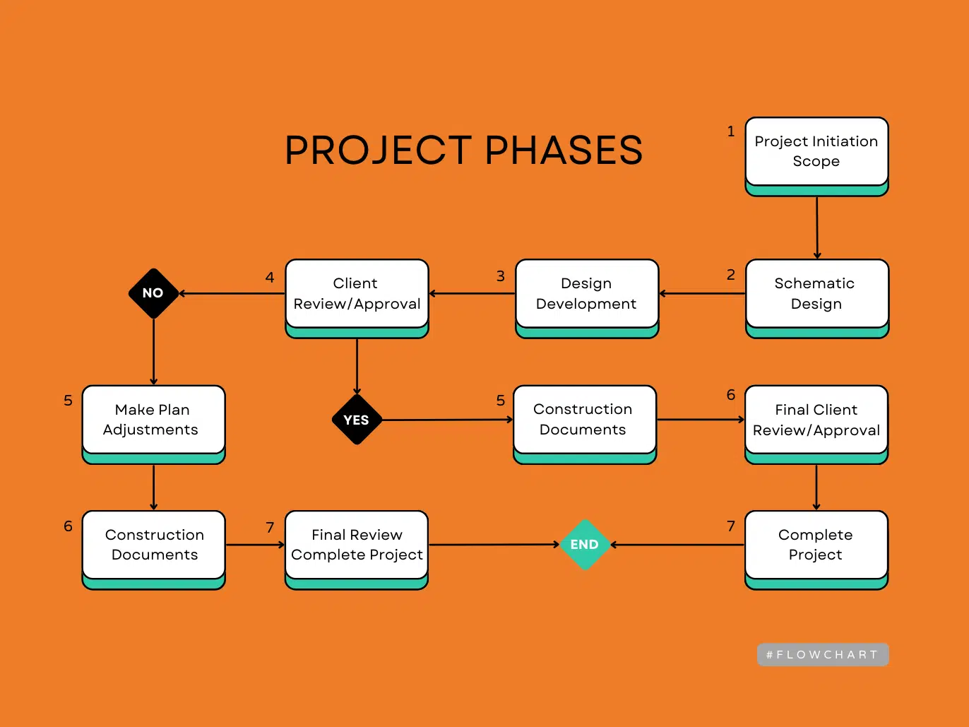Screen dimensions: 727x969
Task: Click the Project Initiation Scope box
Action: click(x=816, y=151)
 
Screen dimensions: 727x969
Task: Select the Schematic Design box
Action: click(x=816, y=293)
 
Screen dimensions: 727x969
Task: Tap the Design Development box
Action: click(x=586, y=293)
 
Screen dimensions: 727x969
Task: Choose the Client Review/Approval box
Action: click(x=357, y=293)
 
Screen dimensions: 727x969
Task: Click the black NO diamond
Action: click(x=153, y=293)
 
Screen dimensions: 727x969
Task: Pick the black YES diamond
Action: click(x=357, y=420)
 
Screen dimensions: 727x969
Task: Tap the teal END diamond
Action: click(x=585, y=545)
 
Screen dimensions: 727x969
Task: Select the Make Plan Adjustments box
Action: click(x=153, y=420)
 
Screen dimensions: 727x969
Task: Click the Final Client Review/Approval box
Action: click(x=816, y=420)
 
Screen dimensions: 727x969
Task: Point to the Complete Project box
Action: click(x=816, y=545)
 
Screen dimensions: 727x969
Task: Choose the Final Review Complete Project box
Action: click(x=357, y=545)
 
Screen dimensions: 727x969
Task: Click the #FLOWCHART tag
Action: click(x=822, y=655)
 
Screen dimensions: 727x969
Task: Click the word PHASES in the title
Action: click(x=564, y=150)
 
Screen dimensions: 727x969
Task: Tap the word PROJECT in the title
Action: click(x=379, y=150)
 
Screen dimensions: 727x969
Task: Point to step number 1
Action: click(x=731, y=131)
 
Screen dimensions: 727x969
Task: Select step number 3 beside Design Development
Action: click(x=501, y=276)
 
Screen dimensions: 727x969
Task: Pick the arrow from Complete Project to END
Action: click(x=678, y=545)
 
